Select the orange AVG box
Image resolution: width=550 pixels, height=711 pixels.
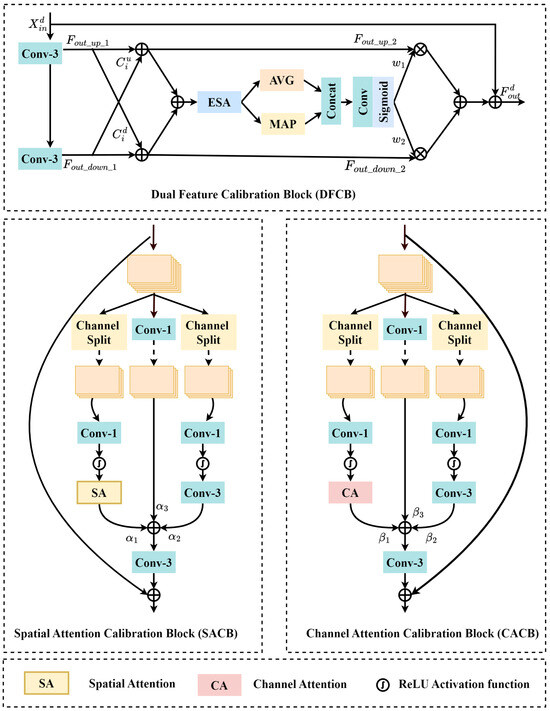point(286,79)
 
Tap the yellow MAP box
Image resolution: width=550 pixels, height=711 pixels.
point(286,124)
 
